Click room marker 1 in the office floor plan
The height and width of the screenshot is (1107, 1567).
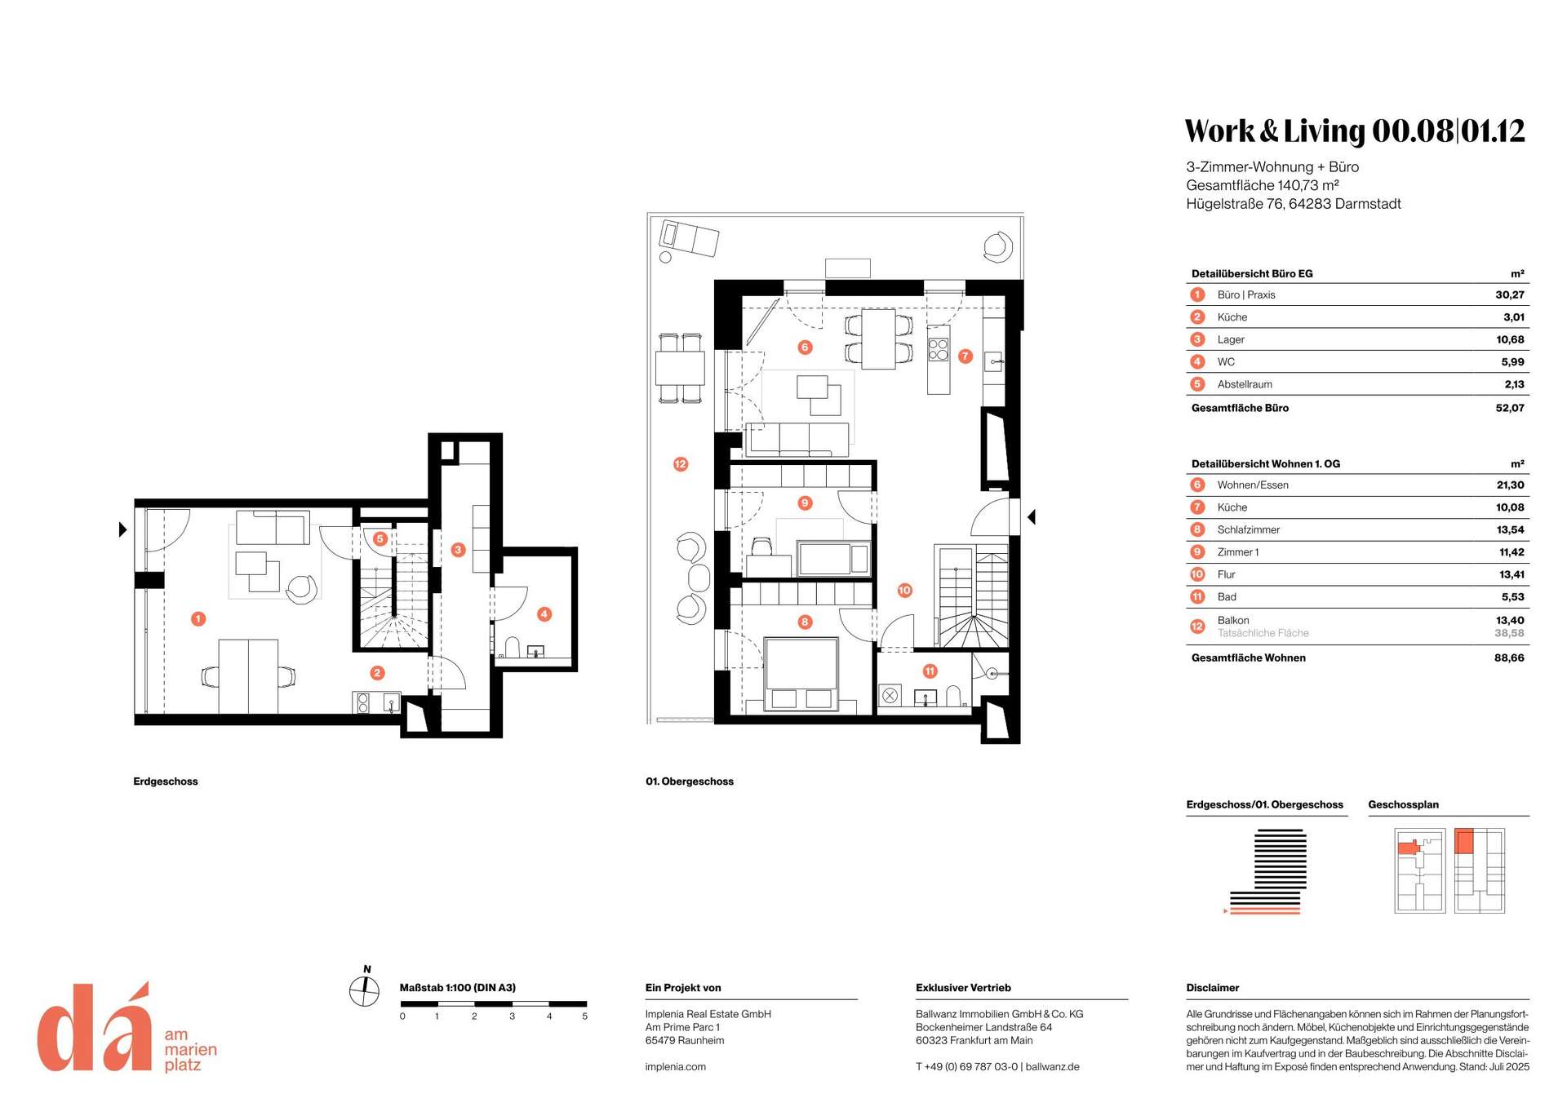198,619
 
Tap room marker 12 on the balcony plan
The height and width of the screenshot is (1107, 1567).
681,464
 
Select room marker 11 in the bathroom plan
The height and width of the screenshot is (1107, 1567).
930,671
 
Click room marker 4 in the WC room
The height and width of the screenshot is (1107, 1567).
544,613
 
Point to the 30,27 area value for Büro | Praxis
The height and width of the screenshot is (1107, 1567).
1510,294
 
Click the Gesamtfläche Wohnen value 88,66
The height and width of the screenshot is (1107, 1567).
1509,658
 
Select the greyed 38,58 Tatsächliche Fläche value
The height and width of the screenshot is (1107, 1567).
1509,633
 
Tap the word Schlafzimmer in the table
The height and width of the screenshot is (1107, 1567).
1249,529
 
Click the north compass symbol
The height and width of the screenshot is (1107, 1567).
365,989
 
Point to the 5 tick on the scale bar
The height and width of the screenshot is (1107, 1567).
585,1016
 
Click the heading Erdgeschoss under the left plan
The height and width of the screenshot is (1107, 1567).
166,782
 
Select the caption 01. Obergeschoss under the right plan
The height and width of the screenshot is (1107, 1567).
690,782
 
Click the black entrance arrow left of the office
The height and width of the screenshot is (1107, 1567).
122,529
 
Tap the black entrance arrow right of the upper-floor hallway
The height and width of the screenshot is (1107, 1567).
1032,516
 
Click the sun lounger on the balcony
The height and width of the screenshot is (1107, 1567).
690,238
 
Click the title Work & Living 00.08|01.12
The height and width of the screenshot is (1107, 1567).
1355,131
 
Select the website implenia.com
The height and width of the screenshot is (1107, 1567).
676,1066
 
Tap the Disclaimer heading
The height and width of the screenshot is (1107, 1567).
1213,988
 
